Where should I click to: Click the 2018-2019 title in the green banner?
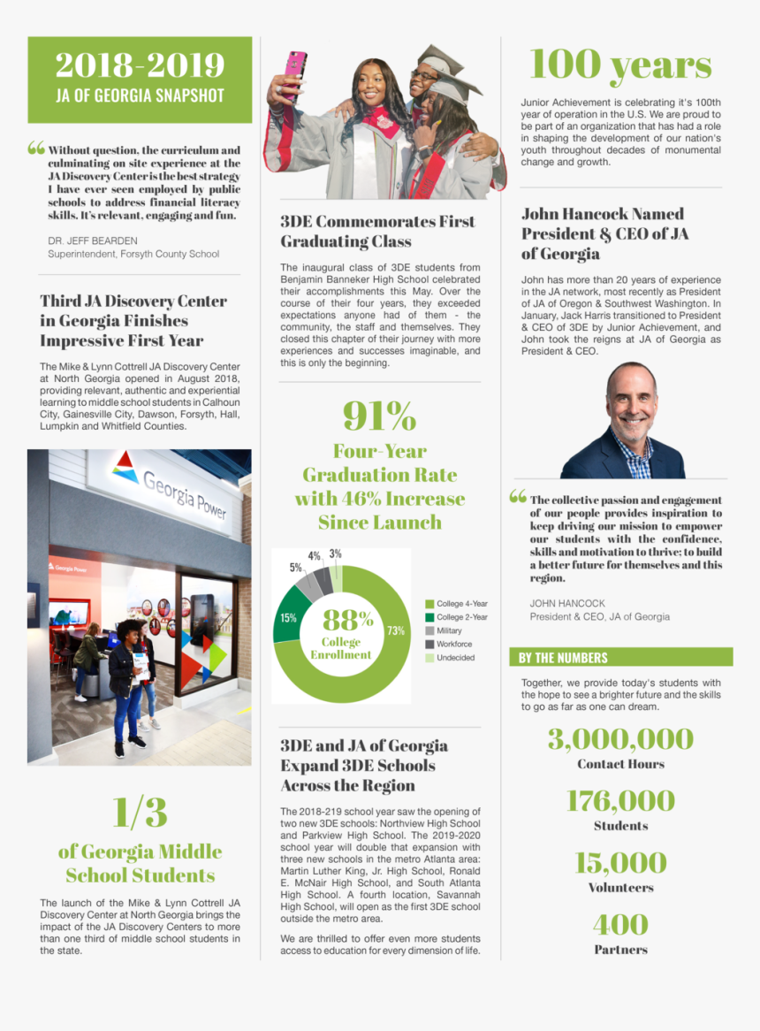[140, 65]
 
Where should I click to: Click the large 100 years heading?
[620, 65]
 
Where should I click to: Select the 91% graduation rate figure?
[379, 416]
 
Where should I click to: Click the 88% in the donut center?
[347, 620]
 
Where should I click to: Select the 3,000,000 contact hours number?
[620, 739]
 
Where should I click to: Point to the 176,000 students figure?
[620, 801]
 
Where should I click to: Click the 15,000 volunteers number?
[620, 863]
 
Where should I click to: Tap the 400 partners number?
[620, 925]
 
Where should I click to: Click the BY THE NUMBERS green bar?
[620, 657]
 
